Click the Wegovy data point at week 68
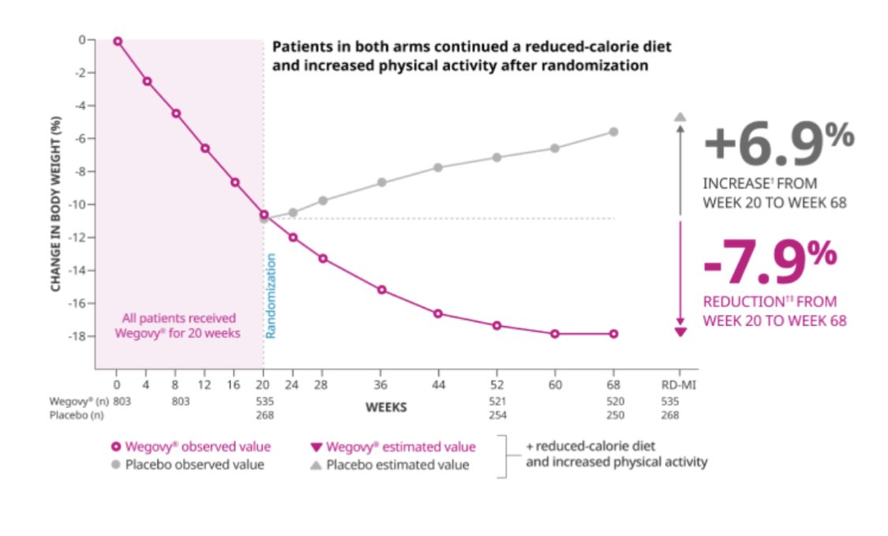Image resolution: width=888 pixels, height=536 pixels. [x=613, y=334]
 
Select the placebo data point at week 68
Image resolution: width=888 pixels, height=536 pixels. [x=613, y=132]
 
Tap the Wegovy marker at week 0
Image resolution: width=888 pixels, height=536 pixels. [x=118, y=41]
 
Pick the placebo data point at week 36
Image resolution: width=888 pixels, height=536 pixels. [x=382, y=182]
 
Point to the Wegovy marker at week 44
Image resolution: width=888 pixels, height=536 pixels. [x=438, y=313]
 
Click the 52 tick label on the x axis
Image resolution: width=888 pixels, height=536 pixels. [x=496, y=386]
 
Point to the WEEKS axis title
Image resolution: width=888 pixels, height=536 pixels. [x=386, y=407]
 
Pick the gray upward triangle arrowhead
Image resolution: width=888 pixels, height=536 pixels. [x=680, y=117]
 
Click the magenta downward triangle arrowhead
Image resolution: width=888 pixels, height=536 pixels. [x=680, y=331]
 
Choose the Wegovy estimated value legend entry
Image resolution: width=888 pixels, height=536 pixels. [x=395, y=448]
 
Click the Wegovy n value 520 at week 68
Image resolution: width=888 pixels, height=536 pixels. [x=613, y=401]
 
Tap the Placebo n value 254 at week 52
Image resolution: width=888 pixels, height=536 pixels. [x=496, y=415]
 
